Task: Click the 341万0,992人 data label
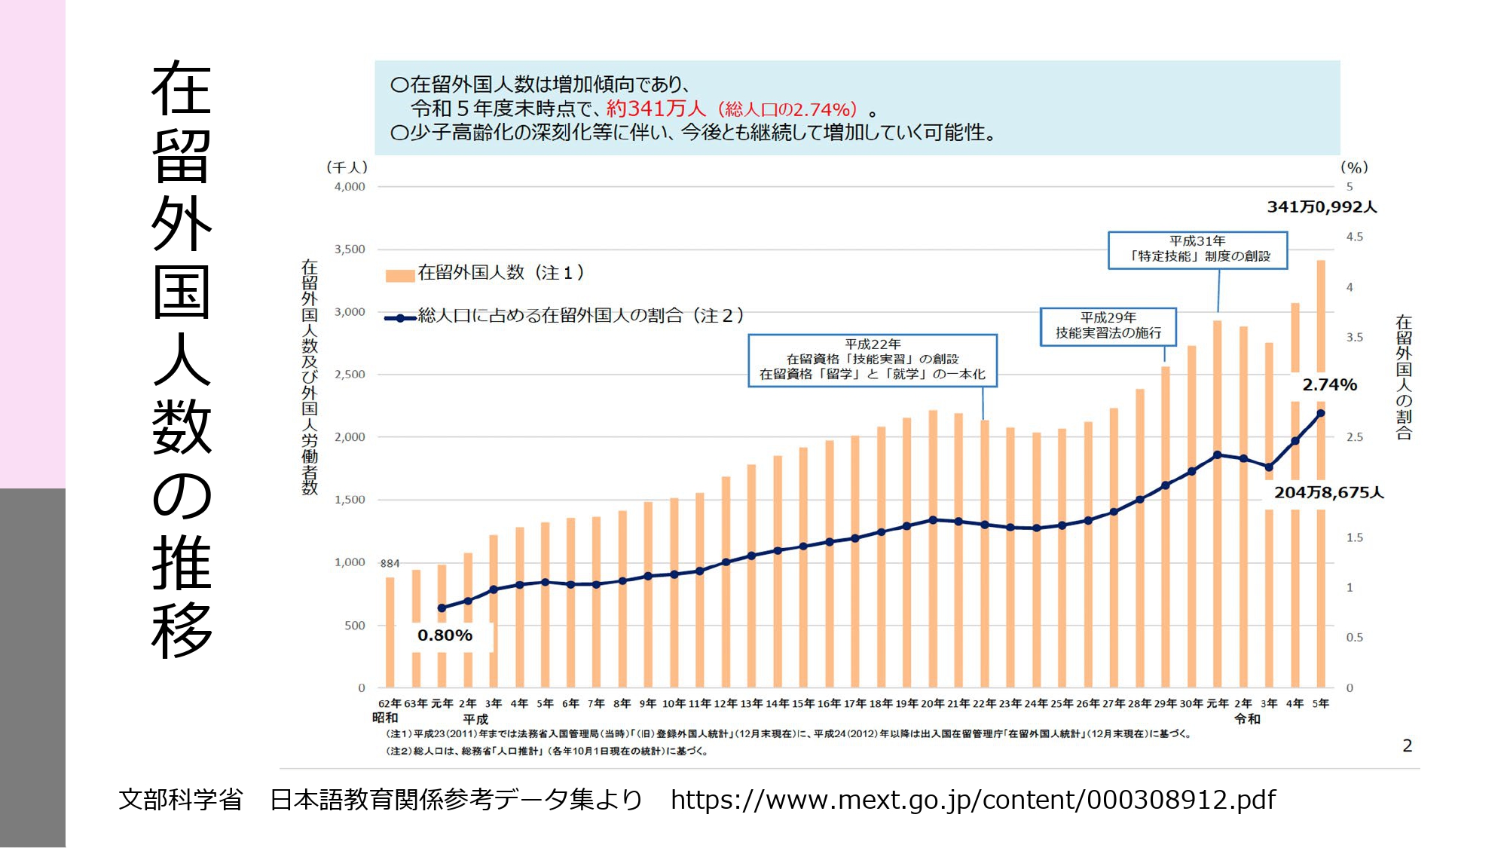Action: click(1322, 207)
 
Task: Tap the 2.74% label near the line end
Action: click(1329, 384)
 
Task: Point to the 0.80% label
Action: click(445, 635)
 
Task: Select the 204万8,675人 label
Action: click(1328, 492)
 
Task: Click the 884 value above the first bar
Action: click(390, 563)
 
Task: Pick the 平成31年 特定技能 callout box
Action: click(1197, 249)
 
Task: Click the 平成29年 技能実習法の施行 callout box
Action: click(1108, 326)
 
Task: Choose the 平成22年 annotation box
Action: click(872, 360)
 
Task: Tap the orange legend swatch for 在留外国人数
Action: click(399, 275)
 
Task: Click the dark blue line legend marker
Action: click(400, 318)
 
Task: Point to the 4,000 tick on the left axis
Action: click(350, 187)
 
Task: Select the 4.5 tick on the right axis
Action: click(1354, 237)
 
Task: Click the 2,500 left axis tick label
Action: click(350, 375)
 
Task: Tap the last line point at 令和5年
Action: click(1320, 413)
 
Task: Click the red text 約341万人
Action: click(656, 109)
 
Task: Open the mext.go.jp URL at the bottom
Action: click(973, 800)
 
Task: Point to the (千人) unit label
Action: click(347, 167)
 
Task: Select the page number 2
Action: click(1407, 745)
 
